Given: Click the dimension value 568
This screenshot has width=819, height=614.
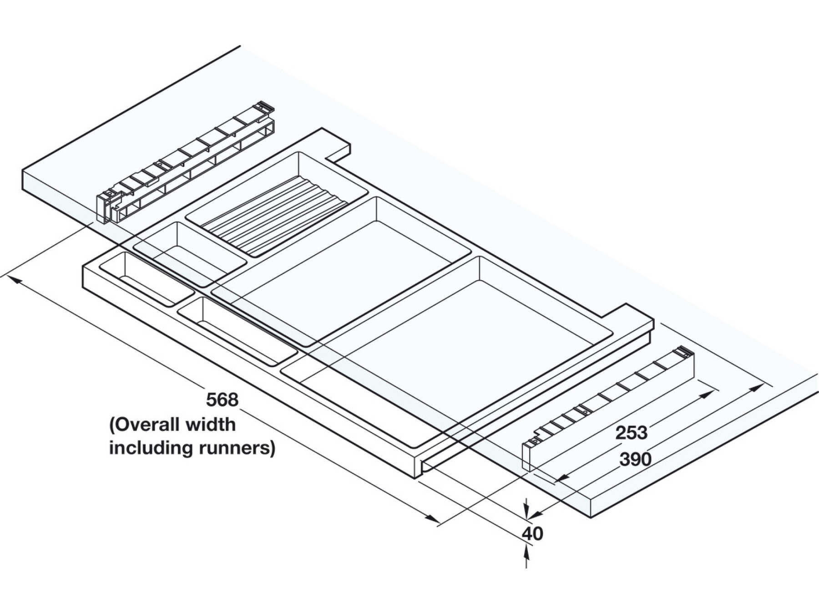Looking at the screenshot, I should pos(222,400).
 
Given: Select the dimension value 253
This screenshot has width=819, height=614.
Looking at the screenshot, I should pos(631,433).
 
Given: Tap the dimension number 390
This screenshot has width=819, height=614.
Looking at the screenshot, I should pos(635,459).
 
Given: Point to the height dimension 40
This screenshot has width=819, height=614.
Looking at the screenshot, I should pos(532,533).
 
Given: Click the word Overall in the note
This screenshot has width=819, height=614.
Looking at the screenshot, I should pos(145,425).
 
